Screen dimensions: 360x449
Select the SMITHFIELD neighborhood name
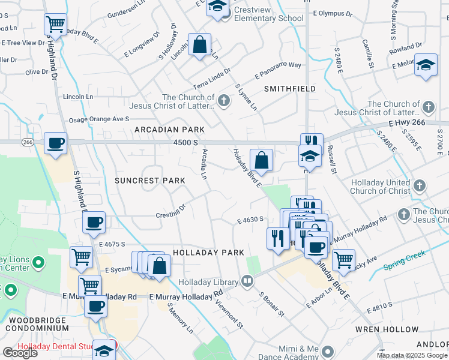290,88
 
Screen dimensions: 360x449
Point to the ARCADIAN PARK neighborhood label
169,130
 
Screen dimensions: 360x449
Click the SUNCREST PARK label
146,180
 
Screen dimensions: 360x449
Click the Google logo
20,353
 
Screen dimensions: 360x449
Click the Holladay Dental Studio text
54,347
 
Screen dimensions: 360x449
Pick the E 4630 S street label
250,220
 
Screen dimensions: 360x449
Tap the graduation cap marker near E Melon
425,66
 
